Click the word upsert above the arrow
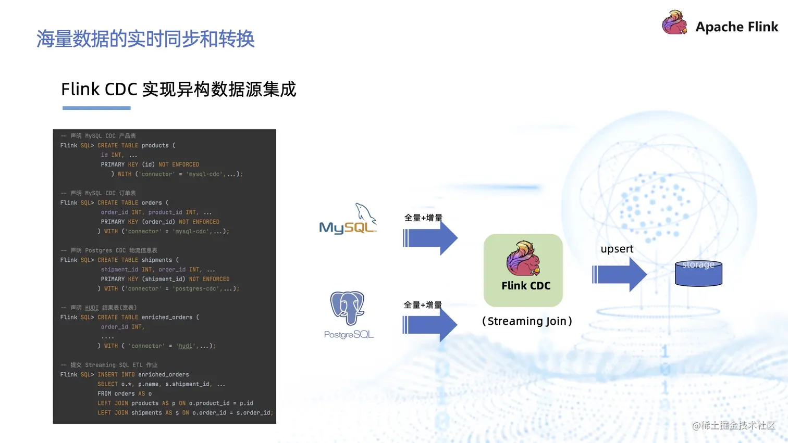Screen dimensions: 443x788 pos(617,249)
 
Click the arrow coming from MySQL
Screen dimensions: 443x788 pos(430,238)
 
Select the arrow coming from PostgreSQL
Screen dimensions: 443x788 pos(430,325)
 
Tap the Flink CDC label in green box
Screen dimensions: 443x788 pos(526,286)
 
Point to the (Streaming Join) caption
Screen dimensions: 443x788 pos(527,321)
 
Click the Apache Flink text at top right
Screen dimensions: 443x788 pos(736,27)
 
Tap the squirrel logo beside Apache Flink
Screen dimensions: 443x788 pos(674,23)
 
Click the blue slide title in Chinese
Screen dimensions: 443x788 pos(145,39)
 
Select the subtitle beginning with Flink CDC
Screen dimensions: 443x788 pos(178,90)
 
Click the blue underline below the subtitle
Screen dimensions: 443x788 pos(96,108)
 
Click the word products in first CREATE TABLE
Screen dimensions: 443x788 pos(155,146)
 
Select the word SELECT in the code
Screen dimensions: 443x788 pos(107,384)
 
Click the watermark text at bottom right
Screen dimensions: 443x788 pos(734,426)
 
